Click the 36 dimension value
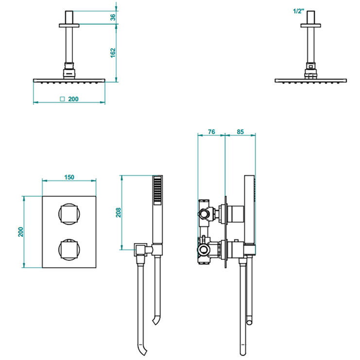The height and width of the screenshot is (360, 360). pyautogui.click(x=113, y=17)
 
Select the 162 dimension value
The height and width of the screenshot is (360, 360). pyautogui.click(x=113, y=53)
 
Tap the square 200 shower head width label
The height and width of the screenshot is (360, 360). pyautogui.click(x=69, y=99)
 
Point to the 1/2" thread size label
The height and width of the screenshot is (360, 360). pyautogui.click(x=298, y=11)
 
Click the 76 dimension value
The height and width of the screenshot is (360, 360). pyautogui.click(x=211, y=132)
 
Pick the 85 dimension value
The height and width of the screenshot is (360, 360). pyautogui.click(x=240, y=132)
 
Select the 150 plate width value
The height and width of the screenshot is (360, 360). pyautogui.click(x=69, y=177)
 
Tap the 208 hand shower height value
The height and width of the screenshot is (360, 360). pyautogui.click(x=118, y=212)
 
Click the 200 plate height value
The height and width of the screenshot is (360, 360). pyautogui.click(x=21, y=232)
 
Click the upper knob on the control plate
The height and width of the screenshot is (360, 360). pyautogui.click(x=69, y=214)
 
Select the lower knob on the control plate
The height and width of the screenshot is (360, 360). pyautogui.click(x=69, y=250)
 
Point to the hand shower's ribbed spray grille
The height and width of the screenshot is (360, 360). pyautogui.click(x=158, y=191)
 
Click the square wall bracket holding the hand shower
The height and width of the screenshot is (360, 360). pyautogui.click(x=140, y=250)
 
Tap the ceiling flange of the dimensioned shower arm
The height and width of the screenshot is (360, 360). pyautogui.click(x=69, y=25)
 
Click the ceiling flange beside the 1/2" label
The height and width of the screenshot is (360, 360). pyautogui.click(x=311, y=25)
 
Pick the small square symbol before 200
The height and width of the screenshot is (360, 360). pyautogui.click(x=62, y=99)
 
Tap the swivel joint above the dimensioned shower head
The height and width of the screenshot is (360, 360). pyautogui.click(x=69, y=70)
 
